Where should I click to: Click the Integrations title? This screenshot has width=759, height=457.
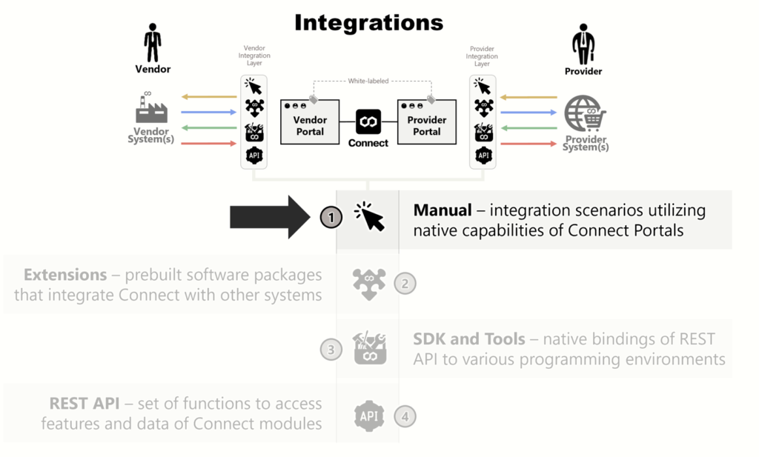pos(368,22)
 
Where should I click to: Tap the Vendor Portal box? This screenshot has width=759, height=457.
pos(309,122)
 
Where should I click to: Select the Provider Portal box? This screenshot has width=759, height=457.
pos(426,122)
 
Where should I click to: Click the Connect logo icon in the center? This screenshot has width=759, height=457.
pos(368,121)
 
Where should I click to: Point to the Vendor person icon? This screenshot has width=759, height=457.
pos(153,42)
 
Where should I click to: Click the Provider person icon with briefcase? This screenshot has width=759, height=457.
pos(583,44)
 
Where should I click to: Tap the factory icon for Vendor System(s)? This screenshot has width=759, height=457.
pos(151,108)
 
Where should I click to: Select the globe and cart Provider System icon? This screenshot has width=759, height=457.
pos(585,114)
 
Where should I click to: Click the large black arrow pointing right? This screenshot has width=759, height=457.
pos(271,217)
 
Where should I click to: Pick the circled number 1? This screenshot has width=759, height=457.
pos(331,217)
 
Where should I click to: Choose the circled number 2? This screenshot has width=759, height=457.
pos(405,283)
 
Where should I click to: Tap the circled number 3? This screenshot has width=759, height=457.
pos(331,349)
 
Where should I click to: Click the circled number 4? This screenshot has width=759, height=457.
pos(405,416)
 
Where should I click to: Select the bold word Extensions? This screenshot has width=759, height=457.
pos(65,275)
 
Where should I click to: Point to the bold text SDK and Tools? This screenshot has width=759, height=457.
pos(469,339)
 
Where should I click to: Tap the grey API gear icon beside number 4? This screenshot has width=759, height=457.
pos(368,416)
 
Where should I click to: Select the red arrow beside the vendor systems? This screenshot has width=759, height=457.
pos(208,144)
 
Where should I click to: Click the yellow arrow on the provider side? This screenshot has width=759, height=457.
pos(528,97)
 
